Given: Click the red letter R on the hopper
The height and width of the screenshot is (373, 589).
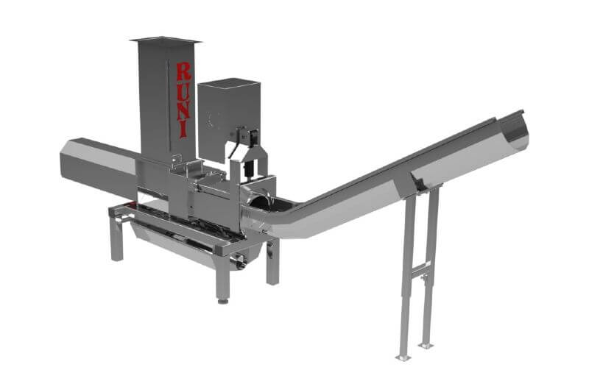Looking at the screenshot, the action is (x=183, y=71).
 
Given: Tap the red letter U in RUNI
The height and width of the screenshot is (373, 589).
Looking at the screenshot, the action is (x=185, y=91).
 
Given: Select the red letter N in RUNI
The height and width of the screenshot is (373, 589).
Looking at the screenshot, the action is (x=184, y=111).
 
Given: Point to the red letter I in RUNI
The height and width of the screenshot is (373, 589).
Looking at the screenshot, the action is (x=183, y=129).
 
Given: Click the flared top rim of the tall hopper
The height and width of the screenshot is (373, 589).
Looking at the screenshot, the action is (x=165, y=40).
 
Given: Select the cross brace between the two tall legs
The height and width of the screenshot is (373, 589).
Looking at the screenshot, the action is (x=420, y=269).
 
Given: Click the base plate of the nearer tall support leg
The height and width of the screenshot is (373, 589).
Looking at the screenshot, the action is (x=403, y=358).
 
